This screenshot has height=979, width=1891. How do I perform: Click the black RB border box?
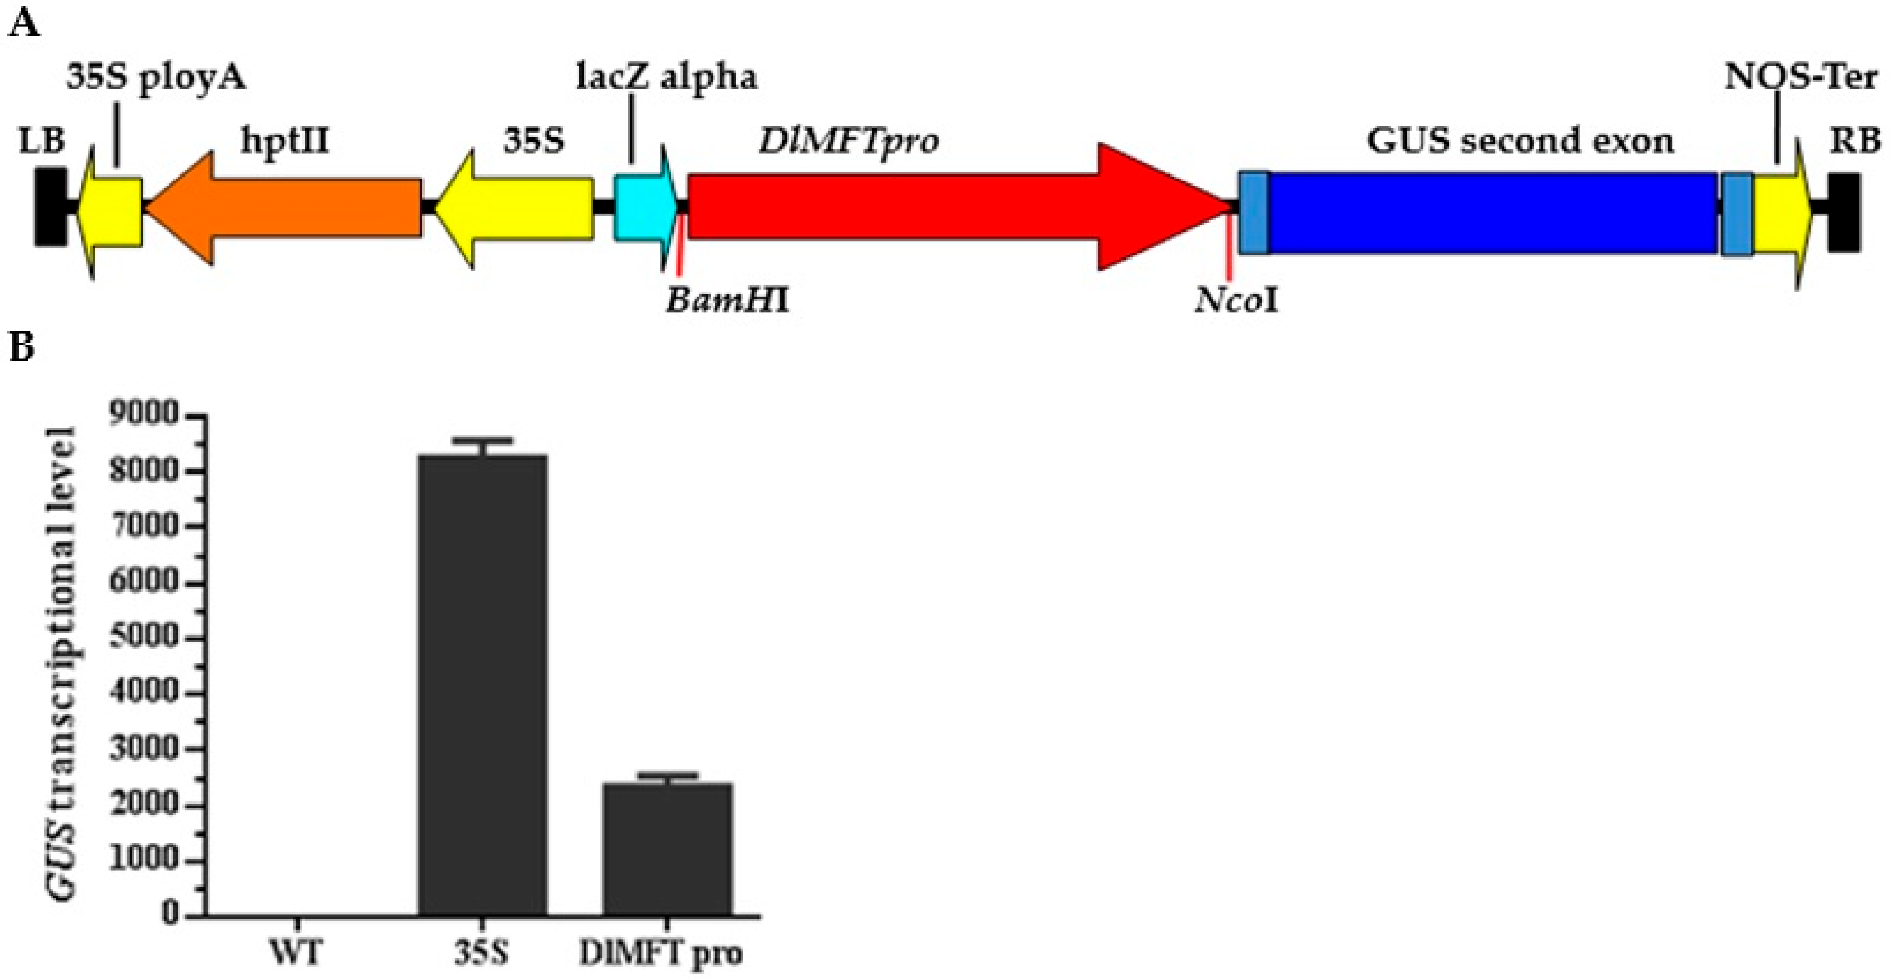[1843, 212]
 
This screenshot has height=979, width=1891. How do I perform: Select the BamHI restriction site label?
[727, 300]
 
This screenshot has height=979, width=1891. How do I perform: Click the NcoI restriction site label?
[1236, 300]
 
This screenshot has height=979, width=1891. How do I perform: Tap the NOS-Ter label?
[1800, 77]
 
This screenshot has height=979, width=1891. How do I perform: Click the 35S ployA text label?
[156, 77]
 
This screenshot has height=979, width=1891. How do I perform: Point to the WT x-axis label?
[296, 954]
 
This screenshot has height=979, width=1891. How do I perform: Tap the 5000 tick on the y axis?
[144, 638]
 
